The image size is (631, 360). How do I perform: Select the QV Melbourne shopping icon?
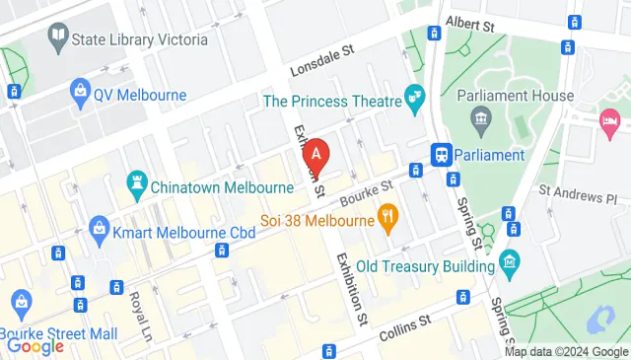click(x=79, y=95)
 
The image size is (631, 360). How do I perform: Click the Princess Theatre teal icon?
click(x=414, y=99)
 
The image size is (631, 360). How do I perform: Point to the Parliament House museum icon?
click(x=482, y=122)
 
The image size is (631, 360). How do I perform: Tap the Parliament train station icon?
click(x=441, y=155)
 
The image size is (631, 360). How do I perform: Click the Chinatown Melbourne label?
click(x=209, y=182)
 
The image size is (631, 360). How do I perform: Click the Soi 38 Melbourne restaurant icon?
click(x=388, y=218)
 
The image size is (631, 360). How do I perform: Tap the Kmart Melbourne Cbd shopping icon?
click(x=99, y=232)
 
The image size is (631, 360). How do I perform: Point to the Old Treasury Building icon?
click(x=509, y=261)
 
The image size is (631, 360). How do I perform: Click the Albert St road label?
click(x=469, y=22)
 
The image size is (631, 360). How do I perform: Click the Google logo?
click(x=35, y=345)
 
